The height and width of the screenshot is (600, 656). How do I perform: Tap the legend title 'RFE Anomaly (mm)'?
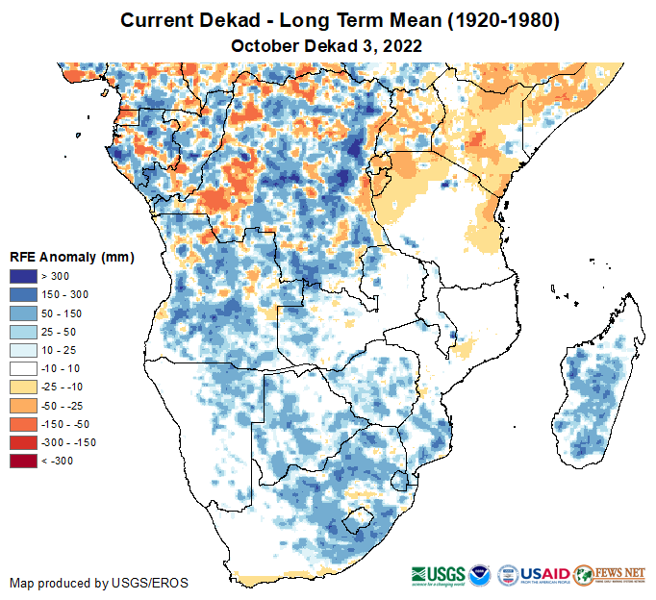(x=71, y=258)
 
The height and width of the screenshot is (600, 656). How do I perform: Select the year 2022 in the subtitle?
(x=403, y=45)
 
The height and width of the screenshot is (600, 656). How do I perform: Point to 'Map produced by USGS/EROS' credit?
(x=99, y=583)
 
